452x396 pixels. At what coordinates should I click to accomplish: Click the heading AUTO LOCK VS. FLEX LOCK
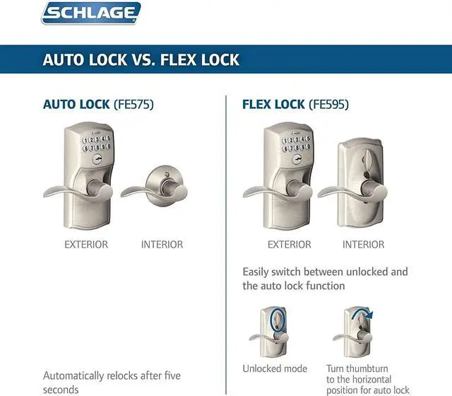[x=141, y=59]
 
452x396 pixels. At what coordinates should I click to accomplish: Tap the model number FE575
[x=133, y=105]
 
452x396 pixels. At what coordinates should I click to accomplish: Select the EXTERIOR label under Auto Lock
[x=86, y=245]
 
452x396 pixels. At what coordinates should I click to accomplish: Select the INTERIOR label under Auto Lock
[x=162, y=245]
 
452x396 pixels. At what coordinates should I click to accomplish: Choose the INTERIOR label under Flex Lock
[x=363, y=245]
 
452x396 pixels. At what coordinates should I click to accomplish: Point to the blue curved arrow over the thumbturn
[x=364, y=314]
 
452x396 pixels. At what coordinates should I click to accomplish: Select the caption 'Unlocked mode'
[x=275, y=369]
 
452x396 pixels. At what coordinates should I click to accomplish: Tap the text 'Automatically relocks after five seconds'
[x=102, y=382]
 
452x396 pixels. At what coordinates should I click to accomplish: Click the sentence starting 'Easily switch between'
[x=325, y=279]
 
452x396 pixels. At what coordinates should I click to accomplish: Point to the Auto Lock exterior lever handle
[x=67, y=190]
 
